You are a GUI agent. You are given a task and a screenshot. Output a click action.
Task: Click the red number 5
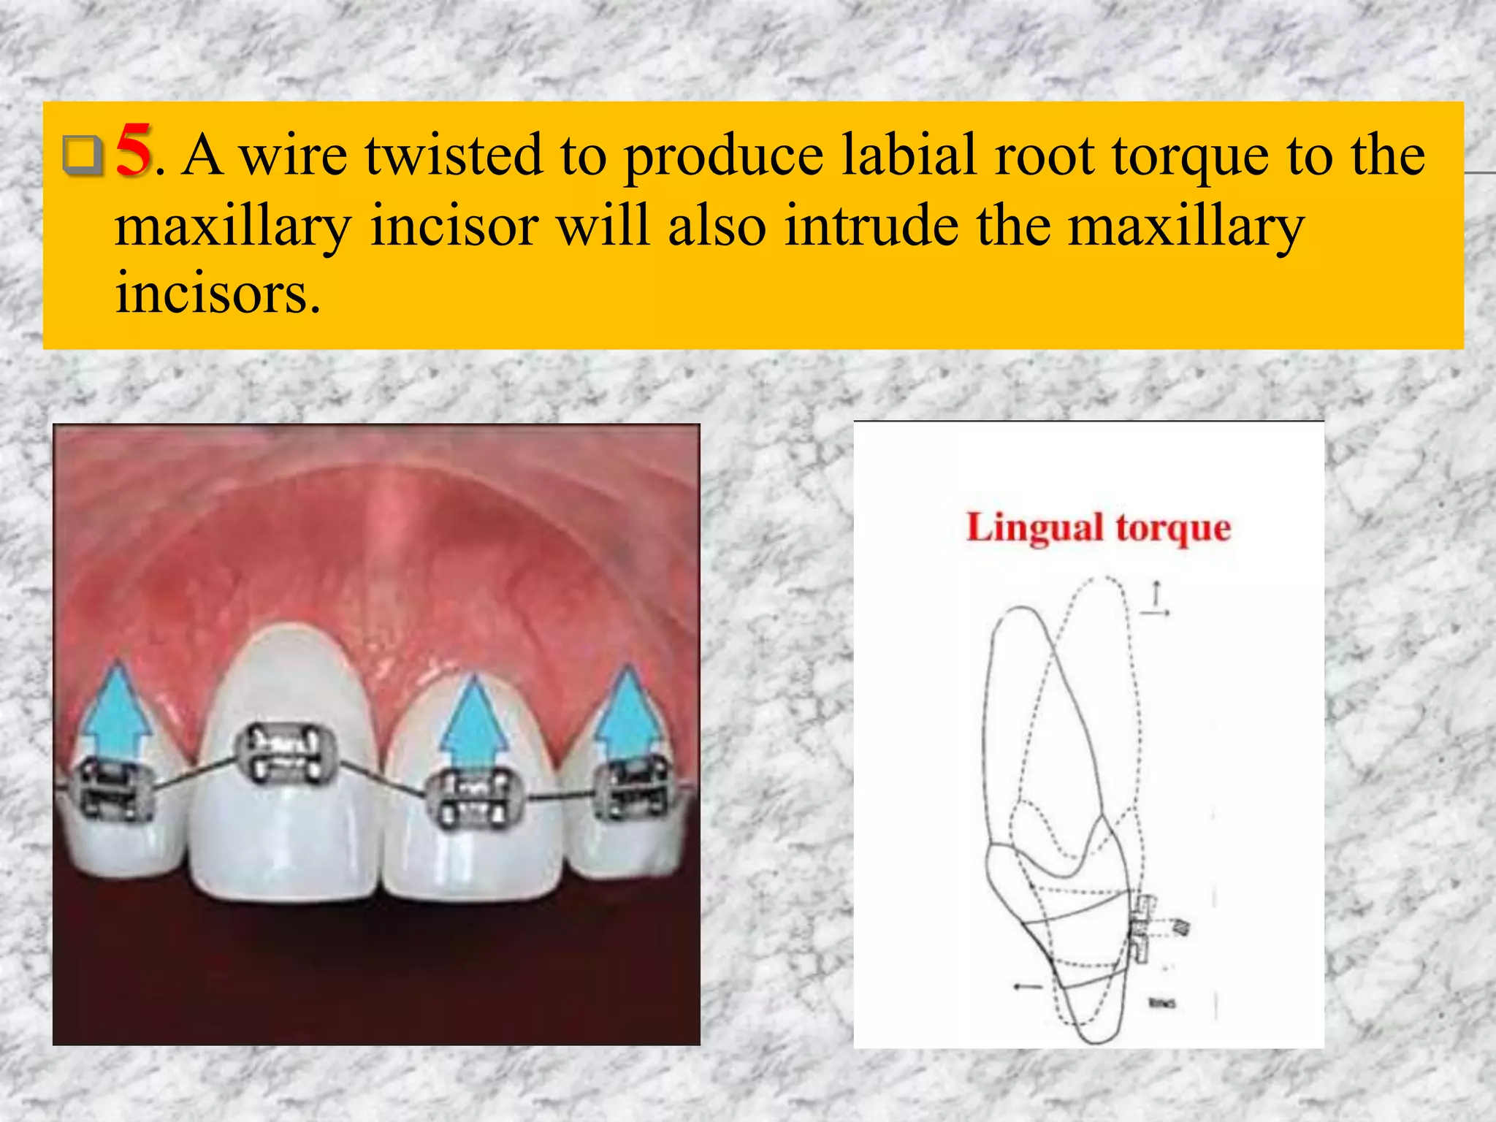(134, 150)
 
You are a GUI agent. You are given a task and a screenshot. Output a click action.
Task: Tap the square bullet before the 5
(82, 155)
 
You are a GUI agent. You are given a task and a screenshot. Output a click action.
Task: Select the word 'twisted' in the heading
(454, 156)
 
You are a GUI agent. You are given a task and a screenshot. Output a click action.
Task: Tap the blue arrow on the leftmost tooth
(115, 711)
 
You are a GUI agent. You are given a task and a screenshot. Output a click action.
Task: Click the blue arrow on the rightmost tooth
(628, 711)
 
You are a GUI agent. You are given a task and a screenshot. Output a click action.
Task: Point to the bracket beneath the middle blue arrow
(476, 801)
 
